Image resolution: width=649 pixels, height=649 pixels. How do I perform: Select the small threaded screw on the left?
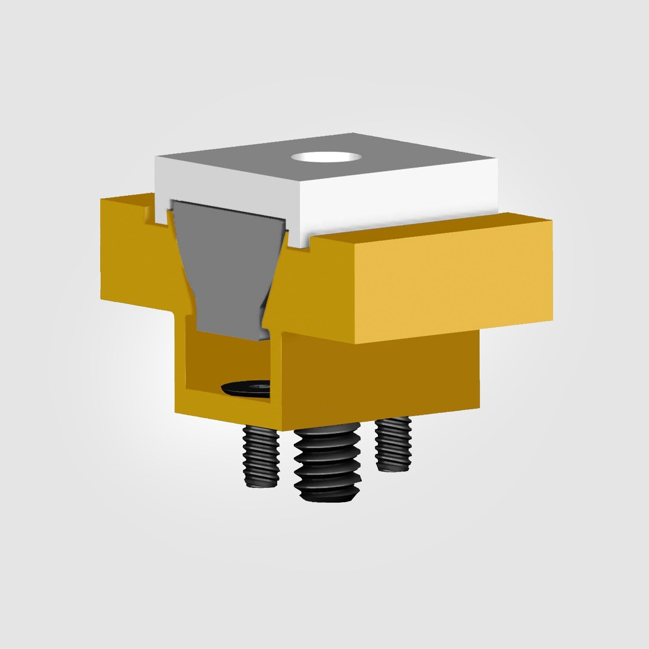(x=261, y=458)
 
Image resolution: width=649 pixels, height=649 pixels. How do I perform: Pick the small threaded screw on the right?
(x=393, y=447)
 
